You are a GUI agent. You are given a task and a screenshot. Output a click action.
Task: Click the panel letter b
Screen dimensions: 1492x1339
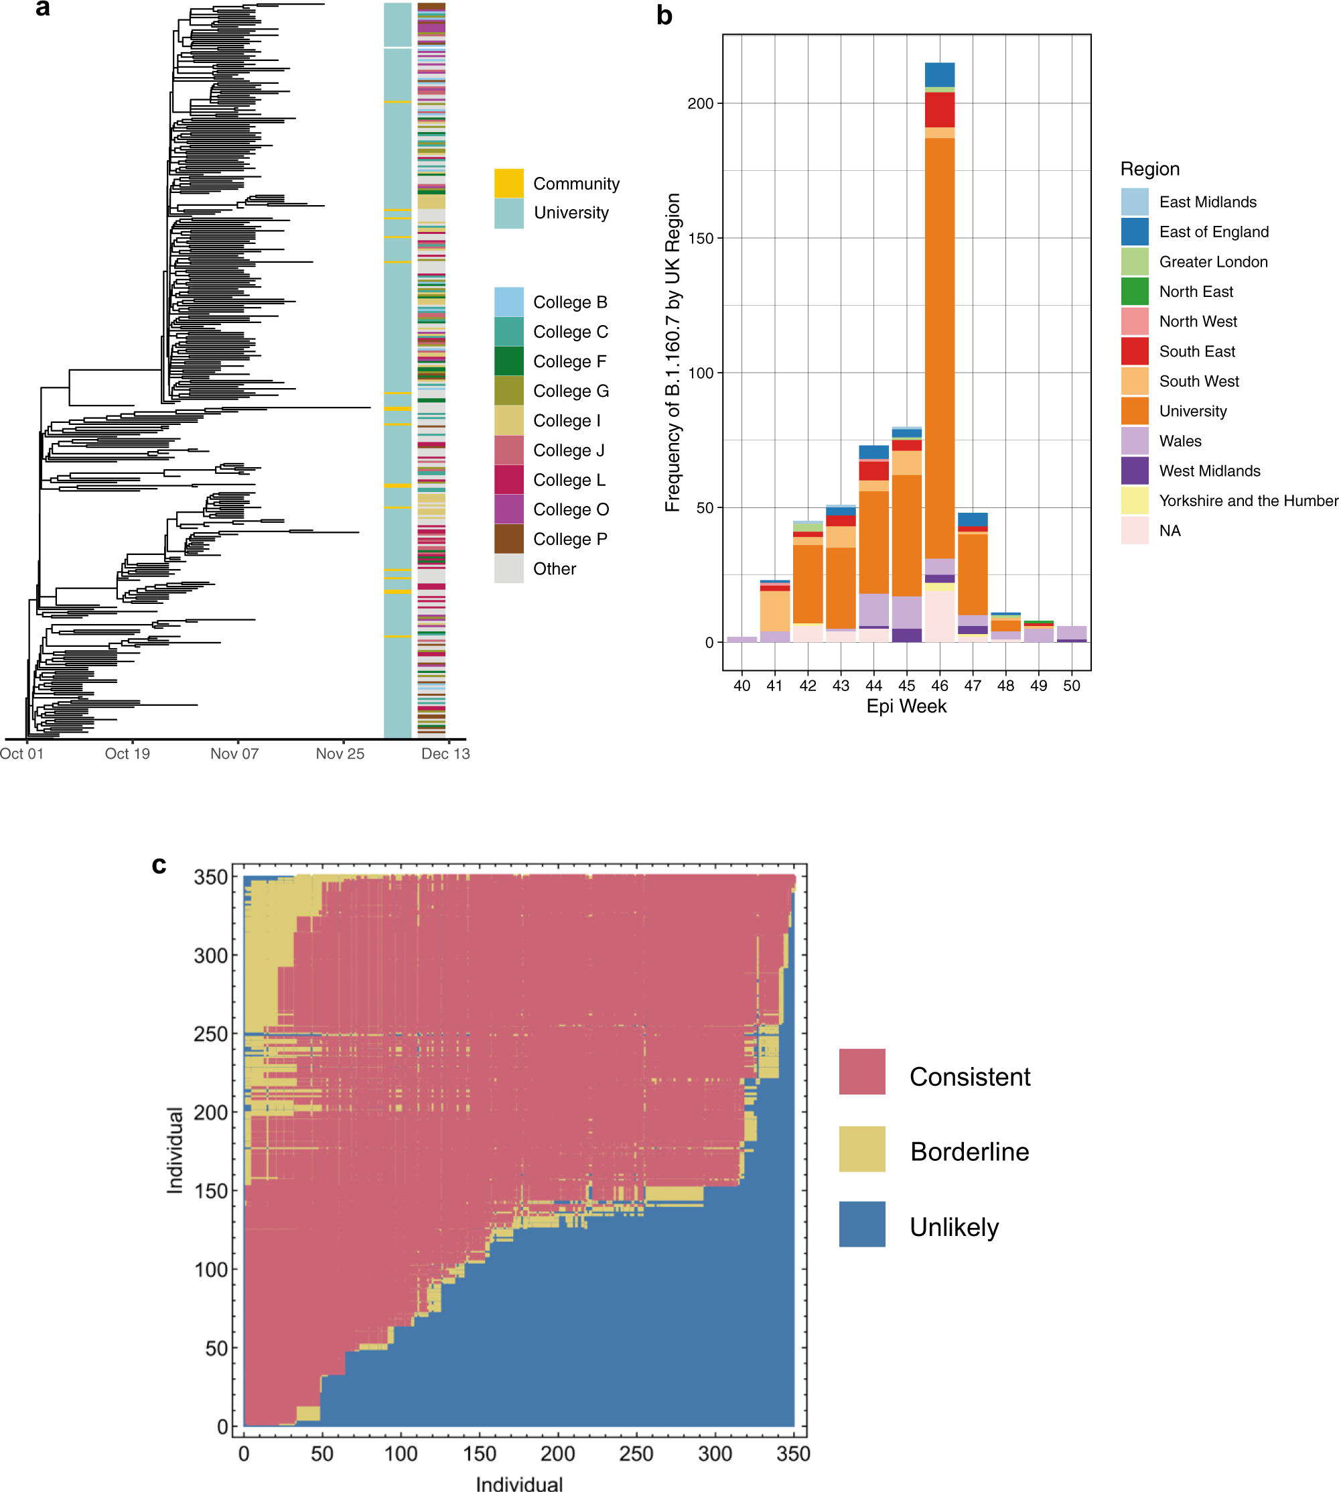(x=664, y=16)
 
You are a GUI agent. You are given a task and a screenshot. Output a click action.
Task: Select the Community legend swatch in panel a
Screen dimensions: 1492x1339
(x=508, y=183)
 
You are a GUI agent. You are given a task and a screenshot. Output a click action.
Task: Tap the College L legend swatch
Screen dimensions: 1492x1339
(x=508, y=479)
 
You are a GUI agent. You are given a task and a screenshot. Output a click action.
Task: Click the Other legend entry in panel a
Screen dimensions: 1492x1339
(x=554, y=569)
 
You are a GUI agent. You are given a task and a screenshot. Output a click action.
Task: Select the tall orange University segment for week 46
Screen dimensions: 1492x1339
(x=940, y=346)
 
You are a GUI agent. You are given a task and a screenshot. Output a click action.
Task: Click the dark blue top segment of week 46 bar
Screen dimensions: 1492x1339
(x=940, y=74)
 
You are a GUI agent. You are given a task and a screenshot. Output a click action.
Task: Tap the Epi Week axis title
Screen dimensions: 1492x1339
(x=906, y=706)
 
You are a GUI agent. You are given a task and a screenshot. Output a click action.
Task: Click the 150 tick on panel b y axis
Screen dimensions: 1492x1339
(x=701, y=239)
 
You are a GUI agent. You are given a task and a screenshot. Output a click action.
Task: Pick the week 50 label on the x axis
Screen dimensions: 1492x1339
(x=1071, y=685)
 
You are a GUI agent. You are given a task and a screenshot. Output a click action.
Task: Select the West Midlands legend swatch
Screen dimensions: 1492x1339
(x=1134, y=471)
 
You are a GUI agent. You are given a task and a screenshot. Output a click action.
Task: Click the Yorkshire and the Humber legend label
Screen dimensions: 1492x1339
(x=1248, y=501)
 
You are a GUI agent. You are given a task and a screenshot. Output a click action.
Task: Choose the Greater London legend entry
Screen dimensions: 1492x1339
(x=1212, y=261)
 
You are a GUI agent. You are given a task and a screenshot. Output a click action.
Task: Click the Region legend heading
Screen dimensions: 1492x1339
(x=1149, y=170)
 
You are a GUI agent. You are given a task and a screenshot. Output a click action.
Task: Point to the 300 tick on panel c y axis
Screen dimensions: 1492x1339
(x=210, y=955)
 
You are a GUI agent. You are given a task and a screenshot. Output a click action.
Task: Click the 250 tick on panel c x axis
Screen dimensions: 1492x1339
(x=636, y=1453)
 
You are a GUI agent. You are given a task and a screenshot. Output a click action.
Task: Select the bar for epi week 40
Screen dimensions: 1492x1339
(x=742, y=639)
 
